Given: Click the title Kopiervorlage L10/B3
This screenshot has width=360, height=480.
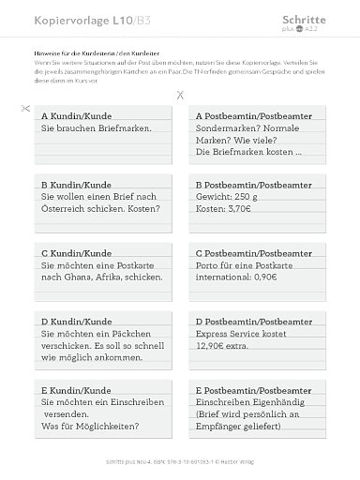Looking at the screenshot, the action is (x=71, y=19).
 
